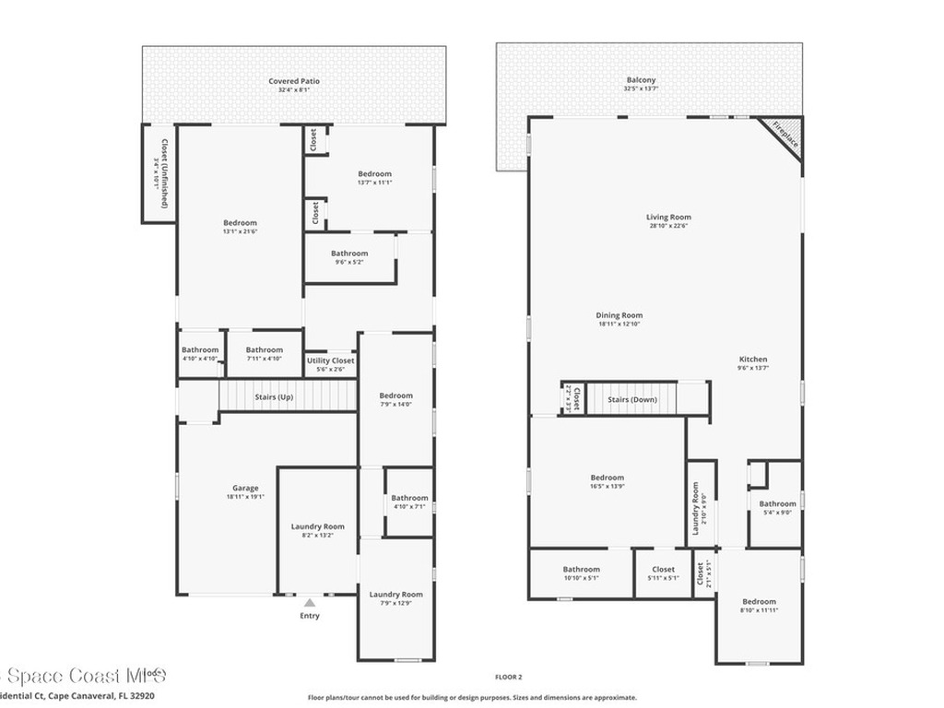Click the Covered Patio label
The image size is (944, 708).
294,81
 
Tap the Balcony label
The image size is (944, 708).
640,80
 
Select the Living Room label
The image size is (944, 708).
668,218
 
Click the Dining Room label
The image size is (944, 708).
619,315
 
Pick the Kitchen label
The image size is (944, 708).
752,360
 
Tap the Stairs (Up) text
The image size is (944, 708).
274,397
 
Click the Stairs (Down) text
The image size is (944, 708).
631,399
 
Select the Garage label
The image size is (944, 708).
245,488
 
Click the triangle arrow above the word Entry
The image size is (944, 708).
310,602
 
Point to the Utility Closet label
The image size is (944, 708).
330,360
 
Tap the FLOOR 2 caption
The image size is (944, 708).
508,677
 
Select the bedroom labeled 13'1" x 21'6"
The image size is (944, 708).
240,223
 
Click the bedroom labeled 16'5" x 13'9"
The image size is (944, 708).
607,478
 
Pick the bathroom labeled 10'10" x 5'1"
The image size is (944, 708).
581,569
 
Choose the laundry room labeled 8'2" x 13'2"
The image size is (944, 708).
317,526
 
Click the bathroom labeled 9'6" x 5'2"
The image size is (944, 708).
349,254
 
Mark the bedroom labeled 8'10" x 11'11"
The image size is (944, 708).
759,602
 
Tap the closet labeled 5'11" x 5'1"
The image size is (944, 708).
663,569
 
